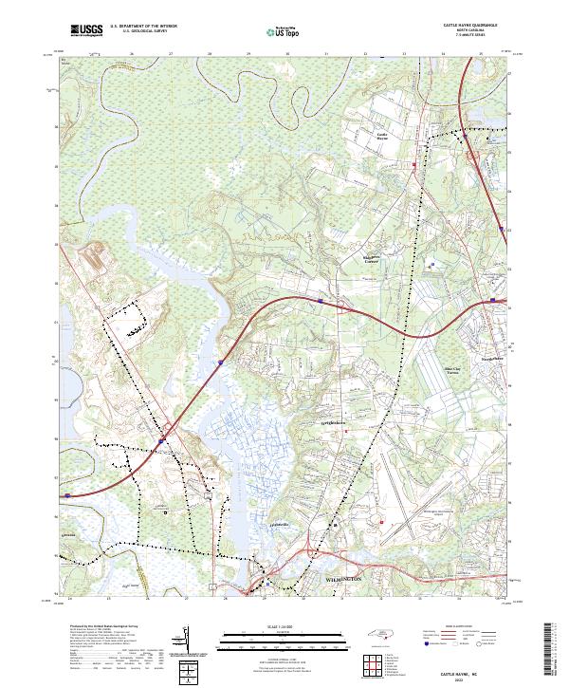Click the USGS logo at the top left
click(86, 30)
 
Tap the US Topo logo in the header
click(272, 31)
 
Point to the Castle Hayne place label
click(383, 137)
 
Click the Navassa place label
click(68, 535)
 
